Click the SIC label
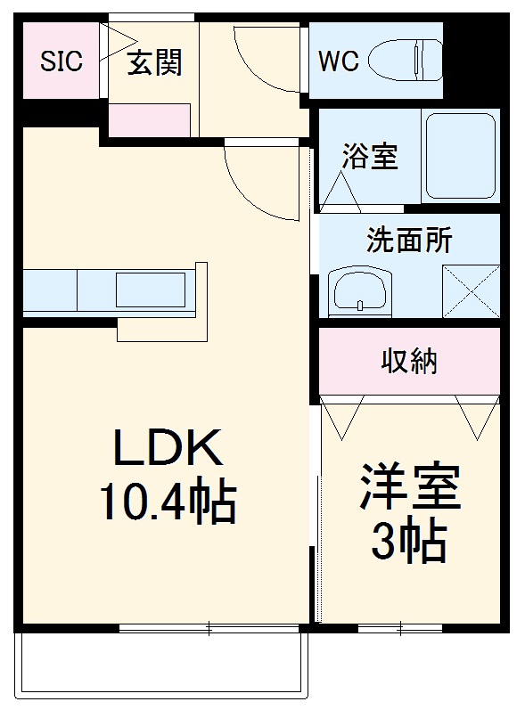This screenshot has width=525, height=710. coord(61,61)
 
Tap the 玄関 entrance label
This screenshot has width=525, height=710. coord(153,62)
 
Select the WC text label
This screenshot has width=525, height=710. coord(340,61)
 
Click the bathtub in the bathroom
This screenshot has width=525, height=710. coord(460,156)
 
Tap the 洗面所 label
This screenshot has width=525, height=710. coord(409,241)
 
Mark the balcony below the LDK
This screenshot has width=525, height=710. coord(160,664)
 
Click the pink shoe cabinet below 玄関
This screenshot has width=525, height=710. coord(150,120)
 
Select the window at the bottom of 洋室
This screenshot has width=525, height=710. coord(399,628)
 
